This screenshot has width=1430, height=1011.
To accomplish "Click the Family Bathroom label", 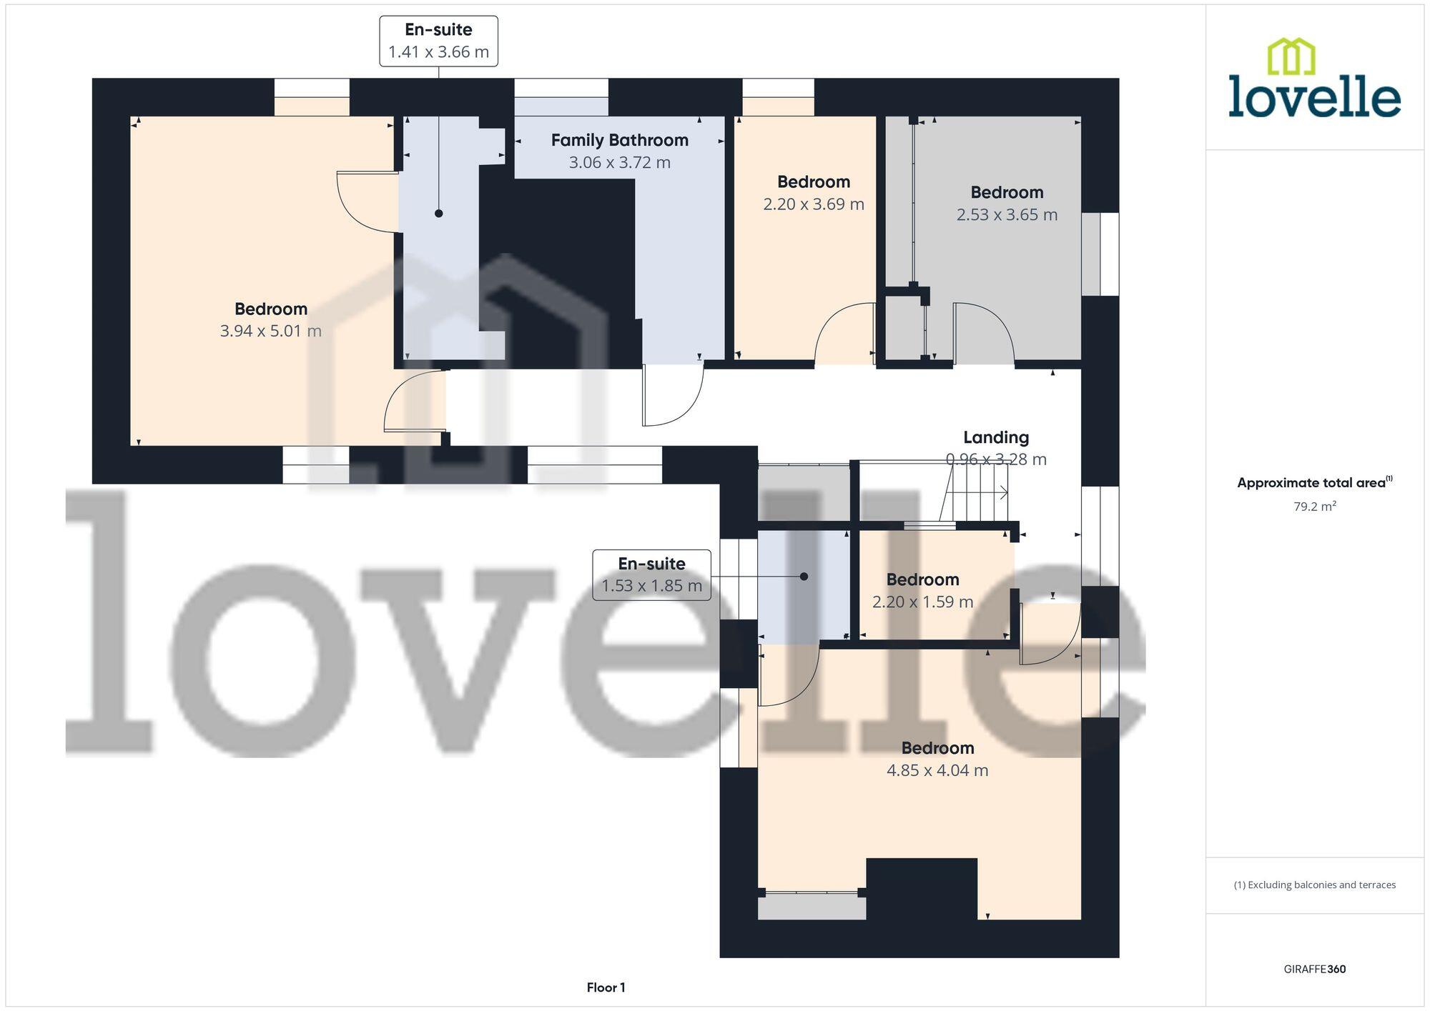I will pos(619,140).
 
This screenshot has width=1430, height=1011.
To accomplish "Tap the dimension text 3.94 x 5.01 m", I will pos(270,331).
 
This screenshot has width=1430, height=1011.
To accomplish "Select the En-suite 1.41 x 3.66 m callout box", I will pos(438,41).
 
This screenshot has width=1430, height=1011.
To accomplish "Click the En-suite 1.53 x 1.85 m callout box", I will pos(651,575).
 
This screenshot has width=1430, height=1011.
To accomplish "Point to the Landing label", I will pos(996,437).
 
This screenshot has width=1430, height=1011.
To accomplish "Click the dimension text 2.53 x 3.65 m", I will pos(1007,214).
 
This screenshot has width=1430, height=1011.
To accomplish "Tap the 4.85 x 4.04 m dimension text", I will pos(937,770).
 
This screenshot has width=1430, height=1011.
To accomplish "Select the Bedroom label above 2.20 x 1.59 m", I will pos(922,579).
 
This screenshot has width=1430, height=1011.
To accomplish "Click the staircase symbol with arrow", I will pos(976,493).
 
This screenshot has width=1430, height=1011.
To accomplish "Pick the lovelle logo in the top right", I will pos(1314,79).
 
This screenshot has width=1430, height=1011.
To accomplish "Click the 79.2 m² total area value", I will pos(1314,507).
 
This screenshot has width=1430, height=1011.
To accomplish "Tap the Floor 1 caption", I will pos(606,987).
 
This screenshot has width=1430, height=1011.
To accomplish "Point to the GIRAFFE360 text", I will pos(1314,969).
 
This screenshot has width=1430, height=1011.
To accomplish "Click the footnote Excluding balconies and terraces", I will pos(1314,885).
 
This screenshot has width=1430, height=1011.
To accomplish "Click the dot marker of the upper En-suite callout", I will pos(439,214).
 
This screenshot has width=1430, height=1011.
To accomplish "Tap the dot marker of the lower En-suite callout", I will pos(804,577).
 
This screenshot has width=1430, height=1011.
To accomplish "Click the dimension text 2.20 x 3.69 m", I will pos(814,204).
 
